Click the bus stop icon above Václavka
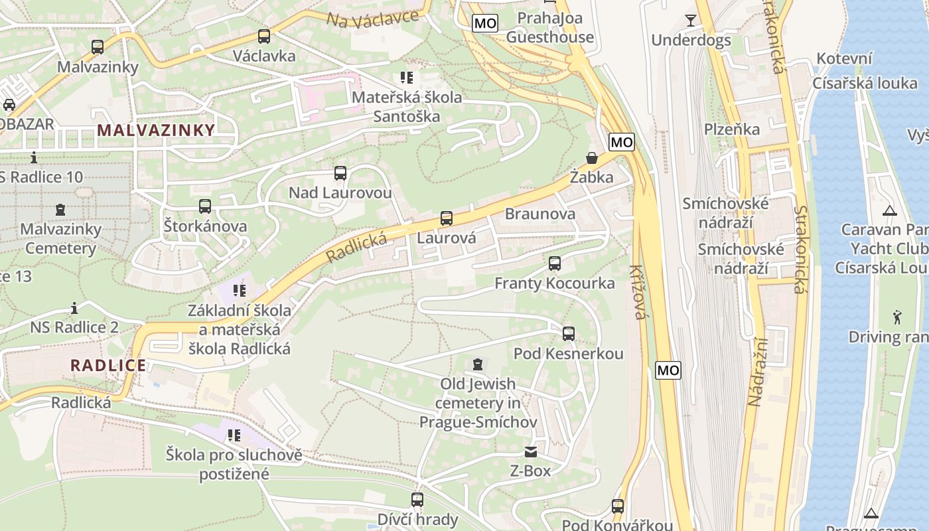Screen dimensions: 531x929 click(263, 37)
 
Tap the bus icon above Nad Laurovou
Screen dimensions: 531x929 click(340, 173)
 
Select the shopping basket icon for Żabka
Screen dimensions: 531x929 click(591, 158)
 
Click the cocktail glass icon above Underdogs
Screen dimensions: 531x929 click(691, 20)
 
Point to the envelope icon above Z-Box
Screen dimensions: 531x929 click(530, 452)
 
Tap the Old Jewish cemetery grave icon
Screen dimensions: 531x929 click(477, 364)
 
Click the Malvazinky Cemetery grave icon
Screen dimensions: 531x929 click(60, 210)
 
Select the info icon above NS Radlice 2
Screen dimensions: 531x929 click(74, 308)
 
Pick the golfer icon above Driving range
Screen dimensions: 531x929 click(897, 317)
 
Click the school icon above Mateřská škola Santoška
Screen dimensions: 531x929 click(406, 78)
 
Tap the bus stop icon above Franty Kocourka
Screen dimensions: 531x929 click(554, 264)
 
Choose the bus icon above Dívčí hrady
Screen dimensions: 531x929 click(417, 500)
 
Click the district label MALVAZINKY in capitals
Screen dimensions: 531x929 click(156, 130)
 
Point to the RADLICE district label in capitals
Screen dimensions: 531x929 click(108, 365)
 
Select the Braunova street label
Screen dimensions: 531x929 click(539, 214)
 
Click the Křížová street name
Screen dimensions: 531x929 click(638, 291)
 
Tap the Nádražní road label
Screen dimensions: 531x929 click(757, 372)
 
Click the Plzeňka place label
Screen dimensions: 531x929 click(731, 129)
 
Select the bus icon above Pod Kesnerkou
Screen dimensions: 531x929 click(569, 334)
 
